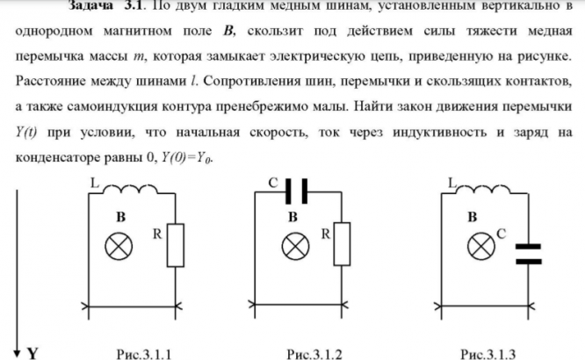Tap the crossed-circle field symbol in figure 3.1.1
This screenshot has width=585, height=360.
point(116,247)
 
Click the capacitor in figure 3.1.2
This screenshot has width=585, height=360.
point(295,190)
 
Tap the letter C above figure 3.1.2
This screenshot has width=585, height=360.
point(273,184)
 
